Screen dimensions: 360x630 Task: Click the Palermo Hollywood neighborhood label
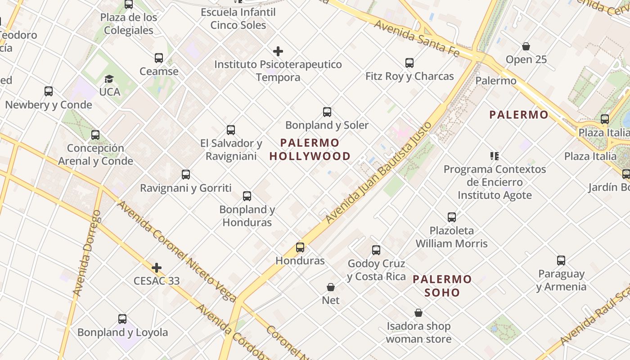[310, 149]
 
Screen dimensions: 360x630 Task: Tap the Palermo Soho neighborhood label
[442, 286]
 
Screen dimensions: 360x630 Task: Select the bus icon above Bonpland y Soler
[327, 112]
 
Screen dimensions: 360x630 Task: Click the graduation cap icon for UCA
[109, 79]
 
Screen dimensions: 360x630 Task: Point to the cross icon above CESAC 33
[157, 268]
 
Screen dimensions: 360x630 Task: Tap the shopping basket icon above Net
[331, 287]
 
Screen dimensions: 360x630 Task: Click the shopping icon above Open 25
[526, 46]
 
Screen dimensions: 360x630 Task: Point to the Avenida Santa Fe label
[416, 38]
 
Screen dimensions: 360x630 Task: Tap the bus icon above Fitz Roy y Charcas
[409, 63]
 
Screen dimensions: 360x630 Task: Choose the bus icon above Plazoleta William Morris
[452, 217]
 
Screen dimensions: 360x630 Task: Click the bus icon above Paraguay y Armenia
[561, 261]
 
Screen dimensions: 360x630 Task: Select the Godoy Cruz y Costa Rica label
[376, 270]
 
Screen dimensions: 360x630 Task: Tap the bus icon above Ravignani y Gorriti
[185, 175]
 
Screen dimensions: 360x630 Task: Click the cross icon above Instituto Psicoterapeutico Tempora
[278, 51]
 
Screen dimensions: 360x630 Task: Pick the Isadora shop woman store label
[418, 332]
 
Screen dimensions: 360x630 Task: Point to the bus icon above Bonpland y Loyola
[122, 319]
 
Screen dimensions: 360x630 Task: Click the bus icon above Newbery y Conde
[49, 91]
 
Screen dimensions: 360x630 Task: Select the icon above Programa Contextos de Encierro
[495, 156]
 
